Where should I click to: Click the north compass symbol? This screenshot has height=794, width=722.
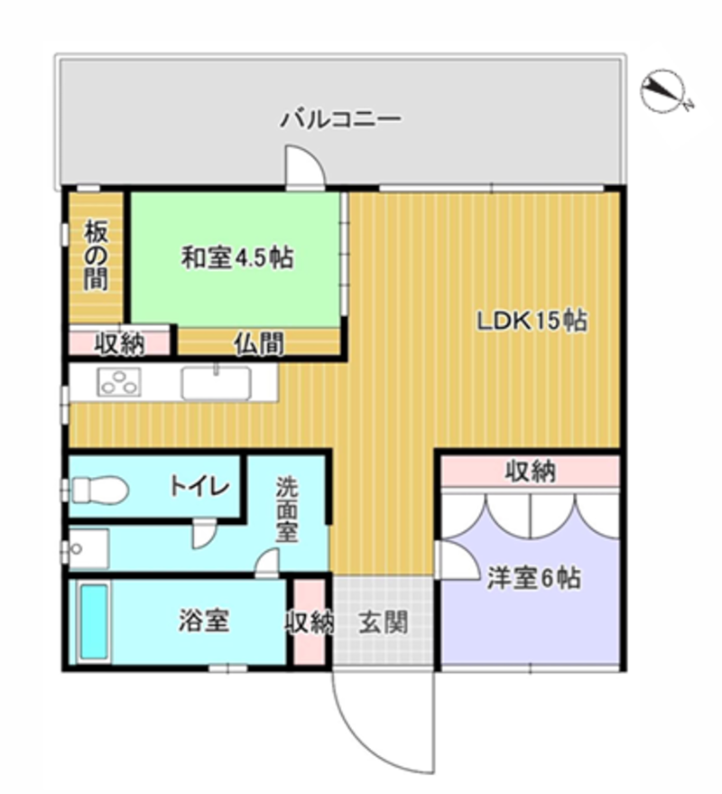(x=664, y=90)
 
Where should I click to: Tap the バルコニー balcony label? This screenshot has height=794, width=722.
(x=341, y=119)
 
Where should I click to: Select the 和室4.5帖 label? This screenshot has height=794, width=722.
(x=237, y=257)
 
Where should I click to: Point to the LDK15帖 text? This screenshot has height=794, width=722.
(x=532, y=321)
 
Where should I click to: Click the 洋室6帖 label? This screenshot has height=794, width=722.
(x=533, y=578)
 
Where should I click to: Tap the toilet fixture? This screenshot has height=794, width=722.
(x=99, y=490)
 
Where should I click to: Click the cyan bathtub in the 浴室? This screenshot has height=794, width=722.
(x=94, y=622)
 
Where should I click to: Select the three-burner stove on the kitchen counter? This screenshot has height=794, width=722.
(x=119, y=382)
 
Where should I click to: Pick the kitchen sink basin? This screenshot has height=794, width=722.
(x=216, y=383)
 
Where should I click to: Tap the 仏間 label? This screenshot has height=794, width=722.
(x=258, y=344)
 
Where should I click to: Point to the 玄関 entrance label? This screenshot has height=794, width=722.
(x=383, y=622)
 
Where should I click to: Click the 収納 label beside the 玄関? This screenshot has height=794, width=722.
(x=310, y=622)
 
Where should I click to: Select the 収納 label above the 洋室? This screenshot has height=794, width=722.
(x=531, y=472)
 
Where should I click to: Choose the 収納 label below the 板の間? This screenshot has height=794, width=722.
(x=120, y=344)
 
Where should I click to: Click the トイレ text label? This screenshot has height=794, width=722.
(x=199, y=487)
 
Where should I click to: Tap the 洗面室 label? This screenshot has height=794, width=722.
(x=287, y=509)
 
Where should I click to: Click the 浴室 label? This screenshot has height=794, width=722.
(x=204, y=621)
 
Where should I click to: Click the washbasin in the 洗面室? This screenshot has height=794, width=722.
(x=88, y=549)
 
